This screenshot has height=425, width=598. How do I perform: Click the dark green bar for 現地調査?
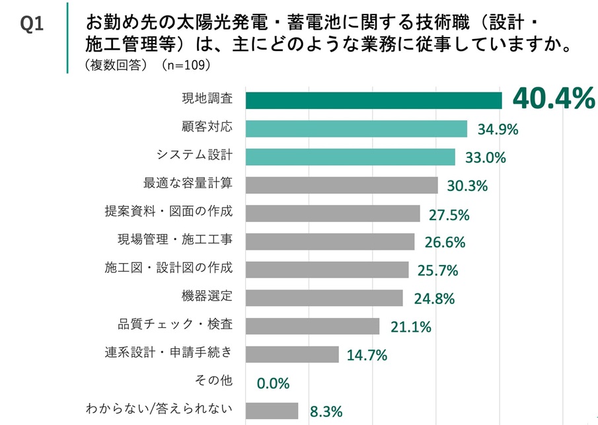(x=373, y=100)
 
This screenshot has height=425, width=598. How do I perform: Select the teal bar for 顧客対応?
(x=356, y=128)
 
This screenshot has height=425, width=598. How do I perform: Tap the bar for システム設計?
(x=350, y=157)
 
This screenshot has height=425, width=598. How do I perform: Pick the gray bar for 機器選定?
(x=324, y=298)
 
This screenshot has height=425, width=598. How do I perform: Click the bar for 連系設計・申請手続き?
(x=292, y=354)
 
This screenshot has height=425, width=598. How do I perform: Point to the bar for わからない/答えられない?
(x=272, y=411)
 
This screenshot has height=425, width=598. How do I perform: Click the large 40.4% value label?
(x=554, y=99)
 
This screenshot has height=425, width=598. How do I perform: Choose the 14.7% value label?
(x=367, y=355)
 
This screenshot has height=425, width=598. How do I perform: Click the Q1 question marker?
(x=32, y=24)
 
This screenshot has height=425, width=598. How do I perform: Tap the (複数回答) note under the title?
(x=116, y=65)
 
